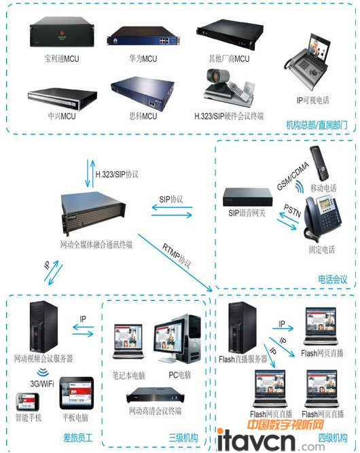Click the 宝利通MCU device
tap(58, 38)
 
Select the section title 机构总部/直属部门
tap(316, 125)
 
